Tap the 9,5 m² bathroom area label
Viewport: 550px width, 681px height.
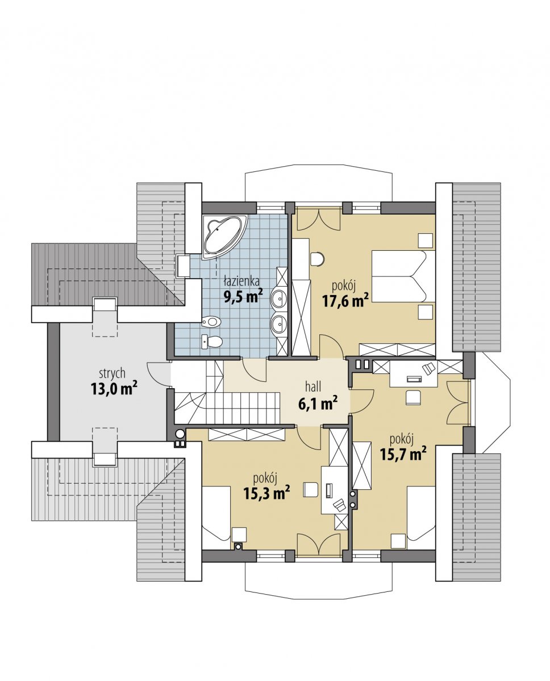pyautogui.click(x=243, y=296)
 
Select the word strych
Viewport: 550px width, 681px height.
pyautogui.click(x=112, y=374)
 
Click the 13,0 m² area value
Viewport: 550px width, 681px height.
pyautogui.click(x=114, y=389)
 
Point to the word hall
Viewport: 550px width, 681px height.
pyautogui.click(x=313, y=386)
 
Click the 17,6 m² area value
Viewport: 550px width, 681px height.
pyautogui.click(x=345, y=300)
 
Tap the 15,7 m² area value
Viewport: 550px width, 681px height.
pyautogui.click(x=403, y=454)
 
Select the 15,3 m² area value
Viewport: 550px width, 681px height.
pyautogui.click(x=267, y=493)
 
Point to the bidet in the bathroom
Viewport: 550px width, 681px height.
pyautogui.click(x=211, y=322)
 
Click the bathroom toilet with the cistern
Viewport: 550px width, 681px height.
pyautogui.click(x=212, y=342)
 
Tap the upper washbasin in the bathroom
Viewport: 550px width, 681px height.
pyautogui.click(x=279, y=297)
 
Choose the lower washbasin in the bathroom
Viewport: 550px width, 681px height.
pyautogui.click(x=279, y=323)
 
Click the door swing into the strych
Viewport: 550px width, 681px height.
pyautogui.click(x=159, y=375)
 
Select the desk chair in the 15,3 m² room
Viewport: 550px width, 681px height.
pyautogui.click(x=310, y=490)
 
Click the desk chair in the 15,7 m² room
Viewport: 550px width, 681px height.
pyautogui.click(x=413, y=397)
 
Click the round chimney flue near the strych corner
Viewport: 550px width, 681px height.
pyautogui.click(x=180, y=434)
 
